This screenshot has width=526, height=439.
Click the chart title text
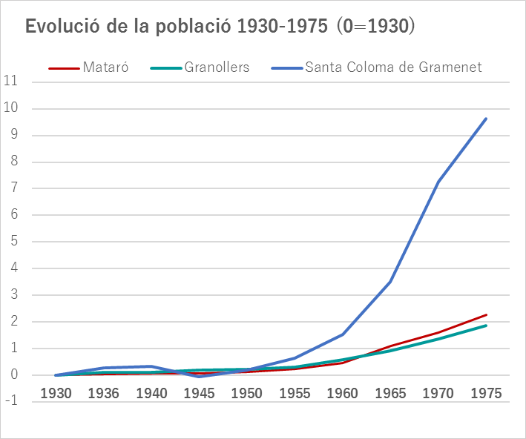pos(220,26)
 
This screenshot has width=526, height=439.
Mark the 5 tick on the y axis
pos(13,242)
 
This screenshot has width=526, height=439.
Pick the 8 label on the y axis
pos(13,162)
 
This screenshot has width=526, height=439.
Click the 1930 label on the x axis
pos(56,392)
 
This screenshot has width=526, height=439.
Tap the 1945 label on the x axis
pos(200,392)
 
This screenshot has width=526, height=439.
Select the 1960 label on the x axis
pos(343,392)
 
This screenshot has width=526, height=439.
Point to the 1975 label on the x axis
pos(486,392)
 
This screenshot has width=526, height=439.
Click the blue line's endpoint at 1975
pos(486,119)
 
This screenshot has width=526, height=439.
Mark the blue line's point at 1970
pos(438,182)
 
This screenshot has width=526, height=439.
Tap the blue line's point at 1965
pos(390,282)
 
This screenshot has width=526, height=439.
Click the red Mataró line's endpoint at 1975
pos(486,314)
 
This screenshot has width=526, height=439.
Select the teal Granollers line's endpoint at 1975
pos(486,326)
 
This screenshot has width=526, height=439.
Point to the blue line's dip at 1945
pos(200,377)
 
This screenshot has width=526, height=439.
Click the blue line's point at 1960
pos(343,334)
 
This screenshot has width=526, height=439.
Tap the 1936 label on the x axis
pos(104,392)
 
